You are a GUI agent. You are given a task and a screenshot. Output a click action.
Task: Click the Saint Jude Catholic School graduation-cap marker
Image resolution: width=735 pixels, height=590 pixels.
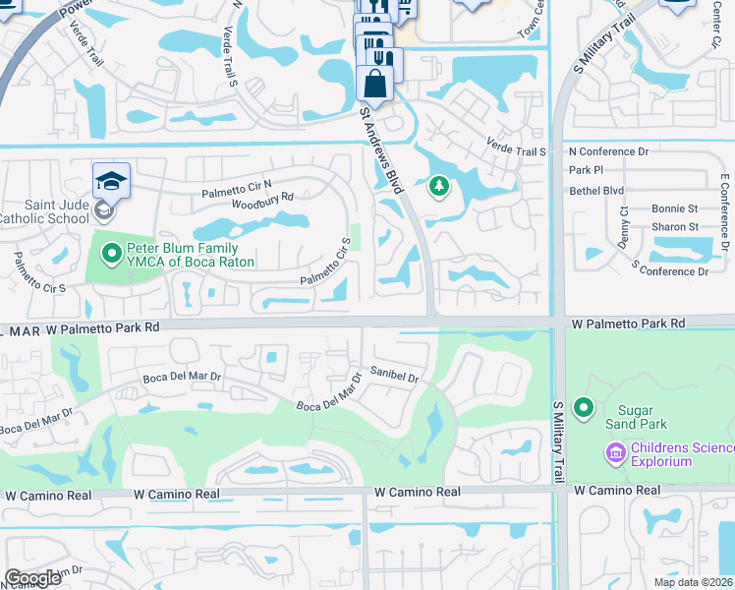click(111, 181)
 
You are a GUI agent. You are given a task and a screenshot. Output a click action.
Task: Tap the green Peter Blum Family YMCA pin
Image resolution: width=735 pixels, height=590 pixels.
click(111, 255)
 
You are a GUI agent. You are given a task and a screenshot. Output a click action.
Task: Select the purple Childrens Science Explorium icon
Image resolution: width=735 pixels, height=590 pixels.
click(615, 452)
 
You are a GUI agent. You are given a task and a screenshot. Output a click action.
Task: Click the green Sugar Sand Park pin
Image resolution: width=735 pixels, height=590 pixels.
click(584, 407)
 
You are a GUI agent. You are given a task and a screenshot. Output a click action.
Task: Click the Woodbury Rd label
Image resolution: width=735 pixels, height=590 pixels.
click(262, 201)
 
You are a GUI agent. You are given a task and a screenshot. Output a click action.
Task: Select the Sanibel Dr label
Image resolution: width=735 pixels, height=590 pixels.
click(395, 375)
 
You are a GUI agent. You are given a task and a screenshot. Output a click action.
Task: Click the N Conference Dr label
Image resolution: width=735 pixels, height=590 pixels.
click(609, 151)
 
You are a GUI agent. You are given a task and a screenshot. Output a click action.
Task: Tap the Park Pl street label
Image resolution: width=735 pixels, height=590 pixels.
click(585, 170)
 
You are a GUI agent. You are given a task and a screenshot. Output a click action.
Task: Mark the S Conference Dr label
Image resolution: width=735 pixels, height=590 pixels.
click(671, 270)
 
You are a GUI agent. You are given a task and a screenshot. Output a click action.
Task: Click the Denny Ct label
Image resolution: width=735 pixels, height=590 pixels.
click(624, 228)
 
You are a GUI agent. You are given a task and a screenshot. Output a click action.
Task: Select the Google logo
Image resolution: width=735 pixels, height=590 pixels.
click(33, 577)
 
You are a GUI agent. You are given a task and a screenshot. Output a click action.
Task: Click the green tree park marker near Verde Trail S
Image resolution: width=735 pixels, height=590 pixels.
click(438, 185)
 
